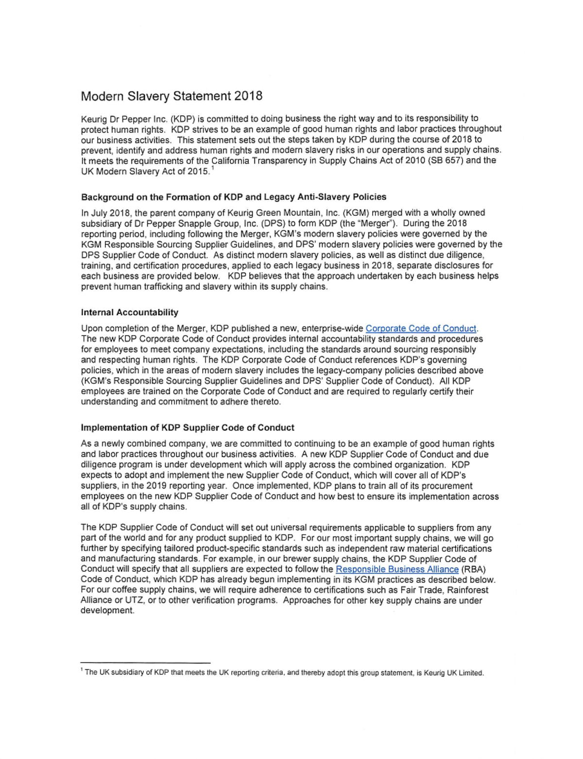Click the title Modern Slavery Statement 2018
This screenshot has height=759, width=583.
coord(171,96)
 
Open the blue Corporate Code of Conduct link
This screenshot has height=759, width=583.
coord(421,328)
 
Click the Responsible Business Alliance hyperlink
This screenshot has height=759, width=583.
coord(397,569)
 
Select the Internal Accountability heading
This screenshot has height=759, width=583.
coord(130,312)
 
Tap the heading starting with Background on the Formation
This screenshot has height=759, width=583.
coord(234,197)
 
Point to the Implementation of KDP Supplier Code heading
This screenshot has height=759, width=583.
coord(188,427)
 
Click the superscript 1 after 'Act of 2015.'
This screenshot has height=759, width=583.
coord(213,169)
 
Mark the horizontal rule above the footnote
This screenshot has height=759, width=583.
coord(145,663)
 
